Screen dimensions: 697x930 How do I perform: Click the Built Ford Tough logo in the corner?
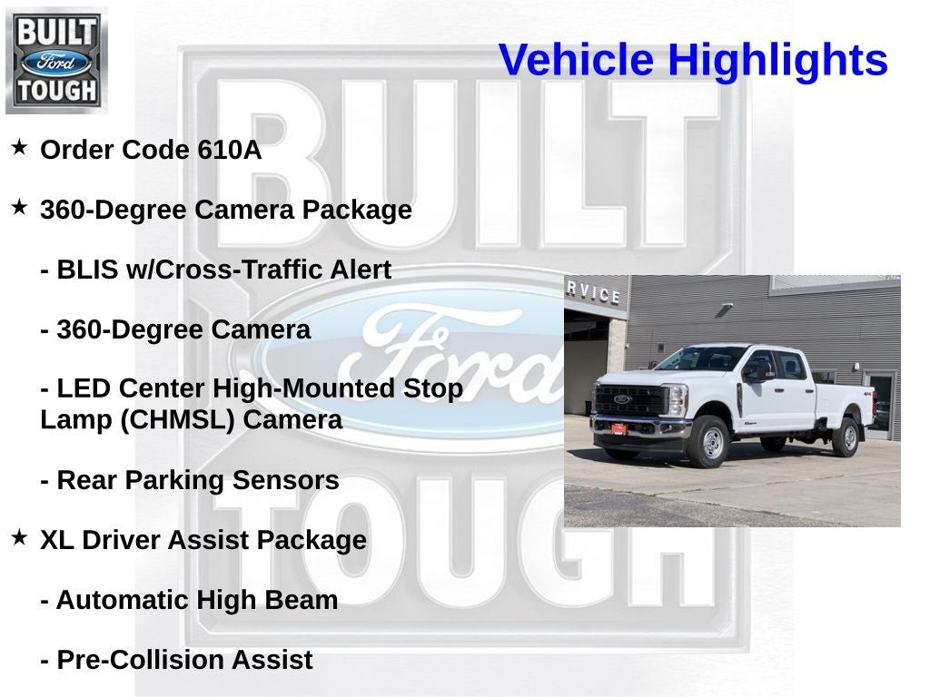click(x=56, y=60)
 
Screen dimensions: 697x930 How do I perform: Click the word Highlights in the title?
click(x=777, y=61)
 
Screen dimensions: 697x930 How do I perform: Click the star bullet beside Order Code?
click(x=19, y=147)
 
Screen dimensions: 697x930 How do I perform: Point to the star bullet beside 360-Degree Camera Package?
click(x=19, y=208)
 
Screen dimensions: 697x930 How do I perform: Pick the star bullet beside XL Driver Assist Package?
click(x=19, y=538)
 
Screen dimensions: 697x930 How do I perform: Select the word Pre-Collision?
click(x=140, y=661)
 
